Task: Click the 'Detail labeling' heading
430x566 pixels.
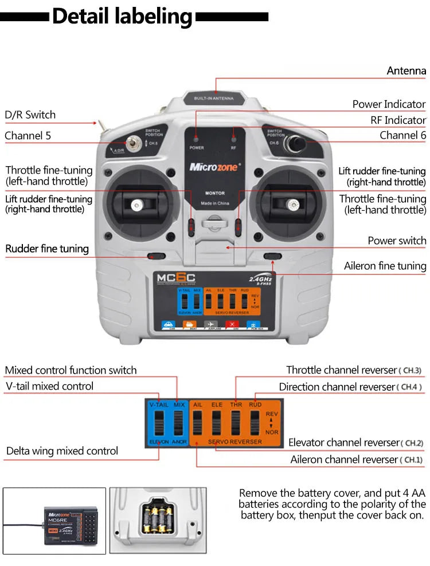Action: (122, 17)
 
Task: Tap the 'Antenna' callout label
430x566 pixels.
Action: (406, 70)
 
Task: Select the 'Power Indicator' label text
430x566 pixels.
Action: (389, 104)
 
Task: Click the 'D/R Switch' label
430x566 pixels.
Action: (30, 115)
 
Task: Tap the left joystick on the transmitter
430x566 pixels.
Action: (136, 205)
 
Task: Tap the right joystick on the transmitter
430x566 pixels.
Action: (293, 205)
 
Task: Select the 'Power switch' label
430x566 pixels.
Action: (397, 241)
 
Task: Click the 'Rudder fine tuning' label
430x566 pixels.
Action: (47, 249)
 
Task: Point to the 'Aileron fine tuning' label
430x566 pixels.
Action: (385, 266)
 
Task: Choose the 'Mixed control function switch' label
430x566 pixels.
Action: (71, 370)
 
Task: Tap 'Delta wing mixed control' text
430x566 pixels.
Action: (62, 451)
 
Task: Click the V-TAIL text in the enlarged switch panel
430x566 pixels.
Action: (158, 404)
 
